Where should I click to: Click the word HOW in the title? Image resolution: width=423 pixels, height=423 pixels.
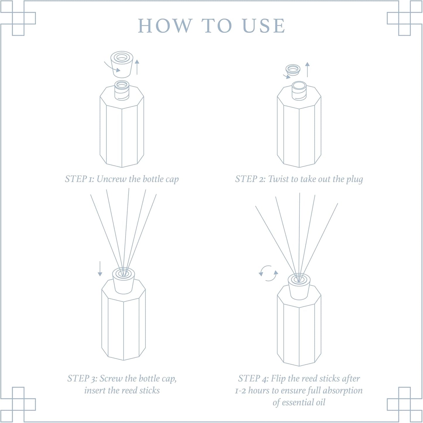[x=165, y=26]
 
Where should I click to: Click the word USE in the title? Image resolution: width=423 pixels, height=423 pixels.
[x=264, y=26]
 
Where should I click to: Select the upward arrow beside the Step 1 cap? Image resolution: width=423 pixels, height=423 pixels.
[x=137, y=67]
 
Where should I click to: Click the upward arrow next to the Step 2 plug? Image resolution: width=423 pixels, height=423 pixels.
[x=307, y=69]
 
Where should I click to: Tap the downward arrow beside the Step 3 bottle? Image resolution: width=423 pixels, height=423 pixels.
[x=100, y=269]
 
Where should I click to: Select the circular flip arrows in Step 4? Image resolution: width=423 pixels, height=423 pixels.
[x=268, y=273]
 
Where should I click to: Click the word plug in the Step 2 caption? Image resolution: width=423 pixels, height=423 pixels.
[x=355, y=179]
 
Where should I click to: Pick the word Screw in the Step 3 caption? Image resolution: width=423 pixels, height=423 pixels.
[x=111, y=379]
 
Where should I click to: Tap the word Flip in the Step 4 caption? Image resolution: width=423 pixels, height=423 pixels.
[x=278, y=379]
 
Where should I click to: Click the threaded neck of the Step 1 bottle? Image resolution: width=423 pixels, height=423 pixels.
[x=121, y=91]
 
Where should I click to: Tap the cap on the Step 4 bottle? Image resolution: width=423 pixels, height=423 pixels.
[x=299, y=287]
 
